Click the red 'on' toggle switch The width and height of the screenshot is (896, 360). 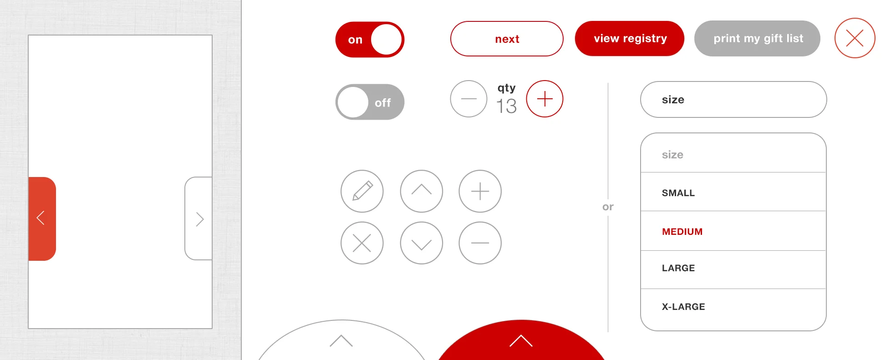pyautogui.click(x=370, y=40)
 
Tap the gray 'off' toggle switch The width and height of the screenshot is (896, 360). pyautogui.click(x=370, y=102)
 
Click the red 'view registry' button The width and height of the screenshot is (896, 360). pyautogui.click(x=629, y=39)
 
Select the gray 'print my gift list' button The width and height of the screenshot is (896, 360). pyautogui.click(x=757, y=39)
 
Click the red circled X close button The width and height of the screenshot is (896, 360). pyautogui.click(x=855, y=38)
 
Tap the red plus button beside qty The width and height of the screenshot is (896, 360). pyautogui.click(x=545, y=99)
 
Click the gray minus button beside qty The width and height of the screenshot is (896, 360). pyautogui.click(x=468, y=99)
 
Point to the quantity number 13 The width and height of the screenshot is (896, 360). pyautogui.click(x=506, y=106)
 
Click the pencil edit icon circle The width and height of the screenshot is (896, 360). pyautogui.click(x=362, y=191)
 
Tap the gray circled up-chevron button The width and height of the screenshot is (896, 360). pyautogui.click(x=421, y=191)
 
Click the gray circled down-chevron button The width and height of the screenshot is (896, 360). pyautogui.click(x=421, y=243)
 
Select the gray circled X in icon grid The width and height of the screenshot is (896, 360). pyautogui.click(x=362, y=243)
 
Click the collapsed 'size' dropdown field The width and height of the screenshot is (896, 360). pyautogui.click(x=733, y=100)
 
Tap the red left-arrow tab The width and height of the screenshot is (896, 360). pyautogui.click(x=42, y=218)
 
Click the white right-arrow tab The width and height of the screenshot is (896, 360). pyautogui.click(x=199, y=219)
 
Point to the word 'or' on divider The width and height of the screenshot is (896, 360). pyautogui.click(x=608, y=207)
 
